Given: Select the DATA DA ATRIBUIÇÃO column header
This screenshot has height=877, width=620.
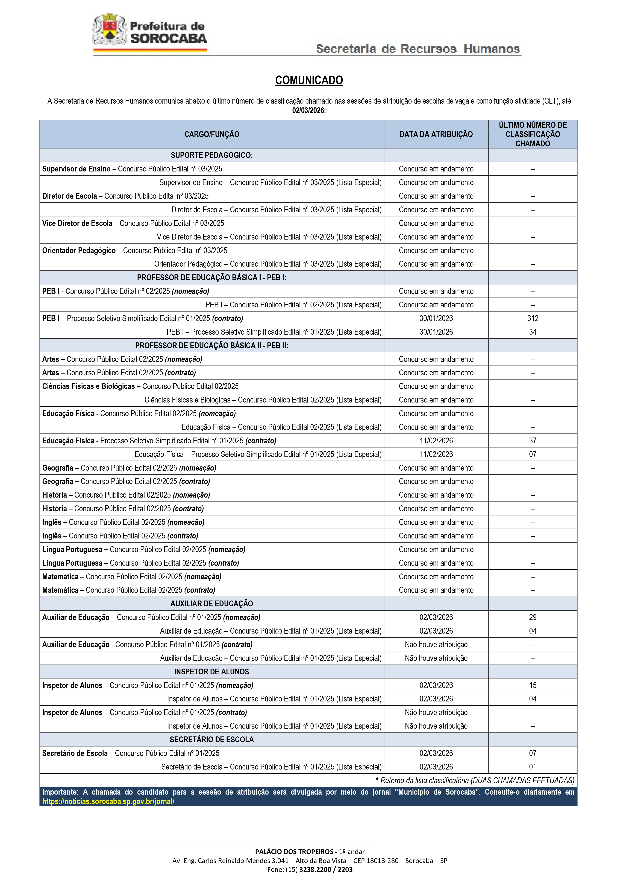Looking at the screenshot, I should [x=436, y=134].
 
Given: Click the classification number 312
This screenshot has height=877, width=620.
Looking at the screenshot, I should [x=533, y=318].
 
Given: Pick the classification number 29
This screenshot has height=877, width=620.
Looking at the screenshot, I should [x=533, y=617].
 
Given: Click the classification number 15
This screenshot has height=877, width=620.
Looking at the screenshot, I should [x=533, y=685].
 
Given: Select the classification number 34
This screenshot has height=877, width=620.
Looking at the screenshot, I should [x=533, y=332].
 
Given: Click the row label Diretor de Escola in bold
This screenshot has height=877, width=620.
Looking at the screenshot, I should [x=69, y=196].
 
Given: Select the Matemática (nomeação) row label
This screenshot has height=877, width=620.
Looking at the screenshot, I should [x=132, y=576].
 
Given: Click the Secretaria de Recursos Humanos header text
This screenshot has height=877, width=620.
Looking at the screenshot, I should [x=418, y=49].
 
